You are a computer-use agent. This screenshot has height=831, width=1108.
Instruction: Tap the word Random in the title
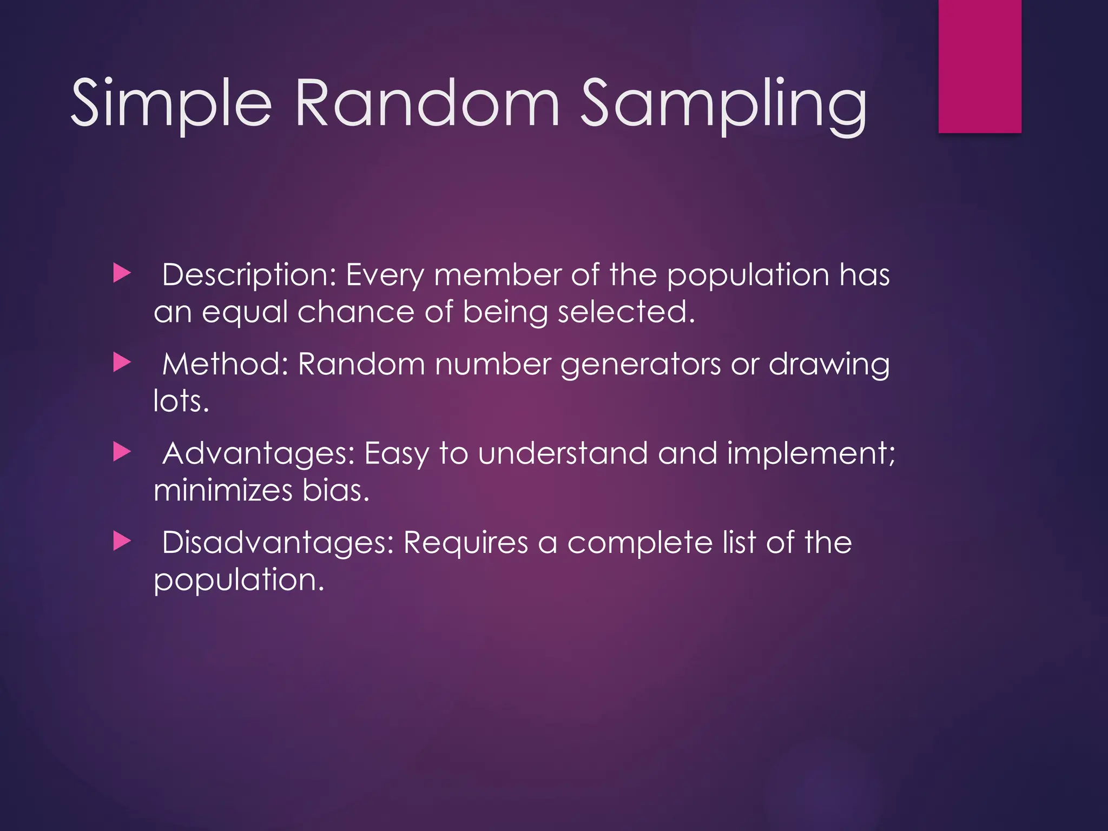click(x=427, y=103)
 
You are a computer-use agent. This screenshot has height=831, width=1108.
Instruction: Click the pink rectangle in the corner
click(x=980, y=66)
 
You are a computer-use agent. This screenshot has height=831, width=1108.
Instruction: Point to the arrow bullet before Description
click(x=122, y=274)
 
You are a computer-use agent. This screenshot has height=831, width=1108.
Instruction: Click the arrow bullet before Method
click(x=122, y=362)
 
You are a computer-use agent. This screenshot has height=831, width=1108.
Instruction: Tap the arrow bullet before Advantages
click(x=122, y=452)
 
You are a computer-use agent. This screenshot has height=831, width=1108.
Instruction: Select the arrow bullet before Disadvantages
click(x=122, y=541)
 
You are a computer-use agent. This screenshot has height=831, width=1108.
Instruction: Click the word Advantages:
click(x=258, y=453)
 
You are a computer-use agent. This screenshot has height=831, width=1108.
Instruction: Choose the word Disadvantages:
click(x=278, y=543)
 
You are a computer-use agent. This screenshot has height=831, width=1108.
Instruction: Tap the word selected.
click(x=626, y=313)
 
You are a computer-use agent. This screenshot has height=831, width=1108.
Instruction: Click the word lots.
click(x=181, y=401)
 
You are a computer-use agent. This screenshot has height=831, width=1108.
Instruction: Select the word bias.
click(x=335, y=490)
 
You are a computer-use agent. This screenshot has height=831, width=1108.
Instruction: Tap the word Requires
click(x=465, y=543)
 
